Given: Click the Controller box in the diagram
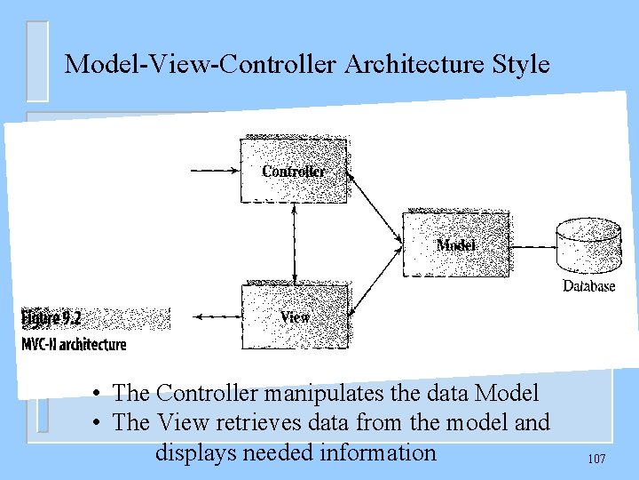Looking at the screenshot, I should [x=294, y=169].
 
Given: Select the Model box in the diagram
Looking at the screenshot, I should [x=455, y=244].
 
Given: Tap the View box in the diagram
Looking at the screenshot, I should [x=295, y=316].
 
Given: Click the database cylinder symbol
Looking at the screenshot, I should [x=589, y=244].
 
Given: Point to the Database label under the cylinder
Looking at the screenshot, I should [x=588, y=286].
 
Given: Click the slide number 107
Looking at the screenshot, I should [x=596, y=459].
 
